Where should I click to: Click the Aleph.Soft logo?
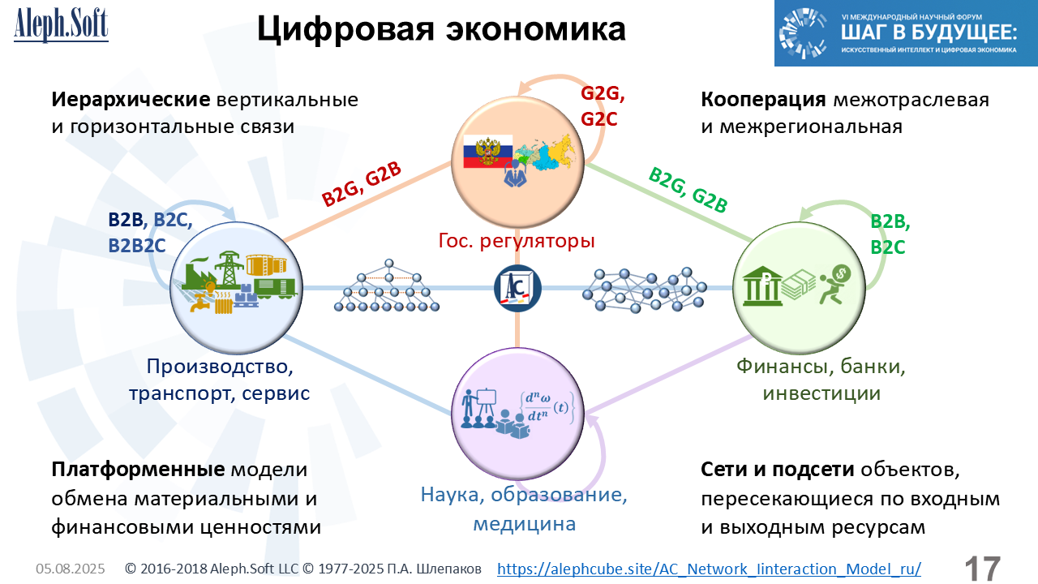61,25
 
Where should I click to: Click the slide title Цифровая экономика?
441,28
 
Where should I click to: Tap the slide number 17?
982,569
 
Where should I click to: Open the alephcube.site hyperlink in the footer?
709,569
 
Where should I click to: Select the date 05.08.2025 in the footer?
71,569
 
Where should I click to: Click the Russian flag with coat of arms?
488,151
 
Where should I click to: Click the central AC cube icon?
517,288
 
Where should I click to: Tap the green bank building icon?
761,286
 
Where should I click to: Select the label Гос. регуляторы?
517,241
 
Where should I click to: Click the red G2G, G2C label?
603,106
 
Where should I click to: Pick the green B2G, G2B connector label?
688,190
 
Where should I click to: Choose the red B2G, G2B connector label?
362,184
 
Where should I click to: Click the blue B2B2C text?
137,246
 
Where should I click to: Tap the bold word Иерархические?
131,100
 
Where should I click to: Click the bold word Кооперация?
763,100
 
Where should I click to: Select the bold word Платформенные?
138,470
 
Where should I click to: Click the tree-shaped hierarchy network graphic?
387,286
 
